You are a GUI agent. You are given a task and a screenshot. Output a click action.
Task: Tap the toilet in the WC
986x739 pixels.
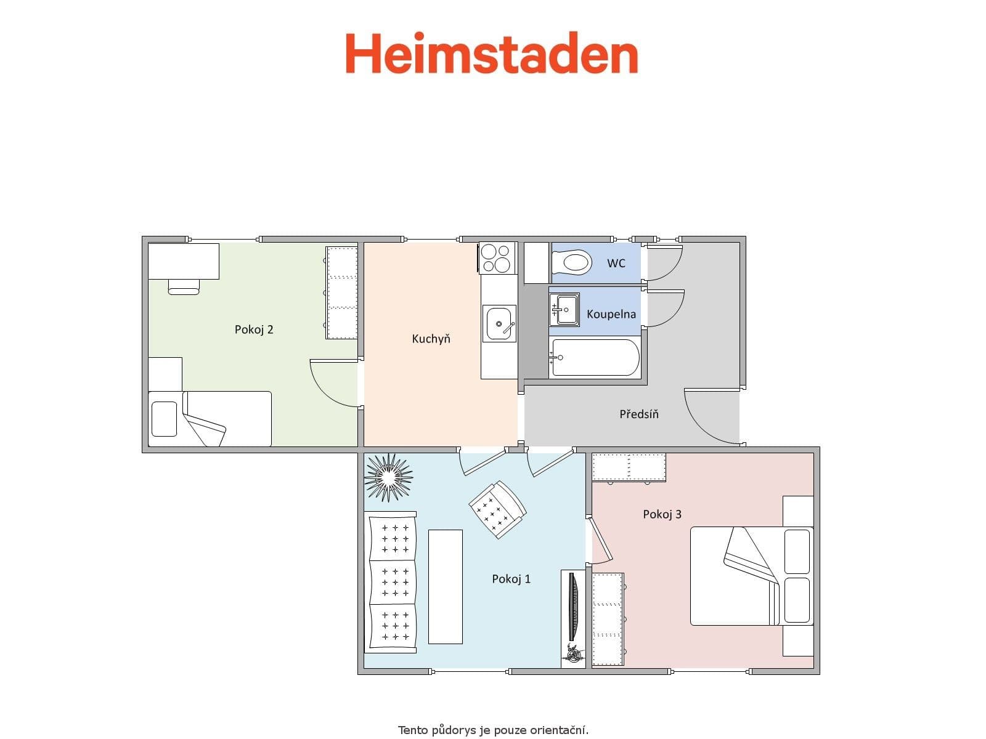pos(572,264)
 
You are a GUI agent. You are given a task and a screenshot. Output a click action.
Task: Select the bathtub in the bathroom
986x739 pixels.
pos(595,357)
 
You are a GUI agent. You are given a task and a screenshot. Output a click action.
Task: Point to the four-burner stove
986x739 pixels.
pos(497,257)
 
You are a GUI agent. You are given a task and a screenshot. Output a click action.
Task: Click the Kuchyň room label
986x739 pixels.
pos(431,339)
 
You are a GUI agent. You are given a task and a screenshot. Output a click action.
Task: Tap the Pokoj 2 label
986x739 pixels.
pos(253,329)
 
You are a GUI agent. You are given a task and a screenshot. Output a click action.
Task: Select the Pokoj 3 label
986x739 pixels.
pos(662,514)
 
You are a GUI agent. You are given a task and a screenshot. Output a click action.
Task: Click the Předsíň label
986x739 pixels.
pos(639,414)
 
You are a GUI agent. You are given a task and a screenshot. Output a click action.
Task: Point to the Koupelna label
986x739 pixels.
pos(611,314)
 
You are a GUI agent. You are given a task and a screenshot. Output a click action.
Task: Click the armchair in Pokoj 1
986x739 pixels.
pos(497,509)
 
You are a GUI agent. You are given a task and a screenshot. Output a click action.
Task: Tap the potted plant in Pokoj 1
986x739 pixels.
pos(388,477)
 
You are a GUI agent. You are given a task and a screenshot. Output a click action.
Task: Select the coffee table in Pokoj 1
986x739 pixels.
pos(445,586)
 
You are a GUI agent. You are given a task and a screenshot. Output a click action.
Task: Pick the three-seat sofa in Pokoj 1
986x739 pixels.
pos(392,582)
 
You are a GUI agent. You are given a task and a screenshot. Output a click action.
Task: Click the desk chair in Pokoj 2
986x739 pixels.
pos(184,287)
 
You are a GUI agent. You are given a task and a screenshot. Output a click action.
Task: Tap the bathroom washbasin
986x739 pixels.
pos(564,309)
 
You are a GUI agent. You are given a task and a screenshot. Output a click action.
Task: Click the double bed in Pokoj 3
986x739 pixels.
pos(751,576)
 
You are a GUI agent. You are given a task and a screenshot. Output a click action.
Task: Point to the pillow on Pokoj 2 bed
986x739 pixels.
pos(164,419)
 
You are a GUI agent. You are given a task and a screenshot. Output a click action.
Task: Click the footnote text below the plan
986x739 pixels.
pos(493,730)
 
